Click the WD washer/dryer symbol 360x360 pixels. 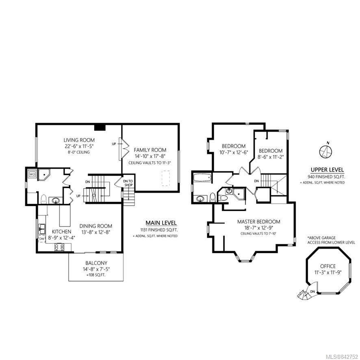click(33, 174)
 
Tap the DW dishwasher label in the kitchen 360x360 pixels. click(42, 239)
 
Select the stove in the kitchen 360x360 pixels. click(59, 247)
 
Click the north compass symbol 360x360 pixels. click(326, 151)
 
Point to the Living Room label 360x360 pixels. click(79, 140)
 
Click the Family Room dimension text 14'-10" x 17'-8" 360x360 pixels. click(150, 156)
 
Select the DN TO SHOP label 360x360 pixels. click(128, 183)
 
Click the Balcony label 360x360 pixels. click(96, 263)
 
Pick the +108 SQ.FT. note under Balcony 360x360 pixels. click(96, 275)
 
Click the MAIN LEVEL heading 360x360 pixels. click(161, 223)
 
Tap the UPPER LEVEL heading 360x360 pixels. click(327, 170)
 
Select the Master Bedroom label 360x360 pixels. click(258, 221)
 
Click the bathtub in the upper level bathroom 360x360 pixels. click(202, 178)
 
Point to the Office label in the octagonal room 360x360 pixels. click(328, 266)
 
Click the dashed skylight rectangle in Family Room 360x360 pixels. click(166, 178)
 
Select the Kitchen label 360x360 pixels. click(61, 232)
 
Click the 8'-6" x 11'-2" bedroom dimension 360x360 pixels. click(271, 157)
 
